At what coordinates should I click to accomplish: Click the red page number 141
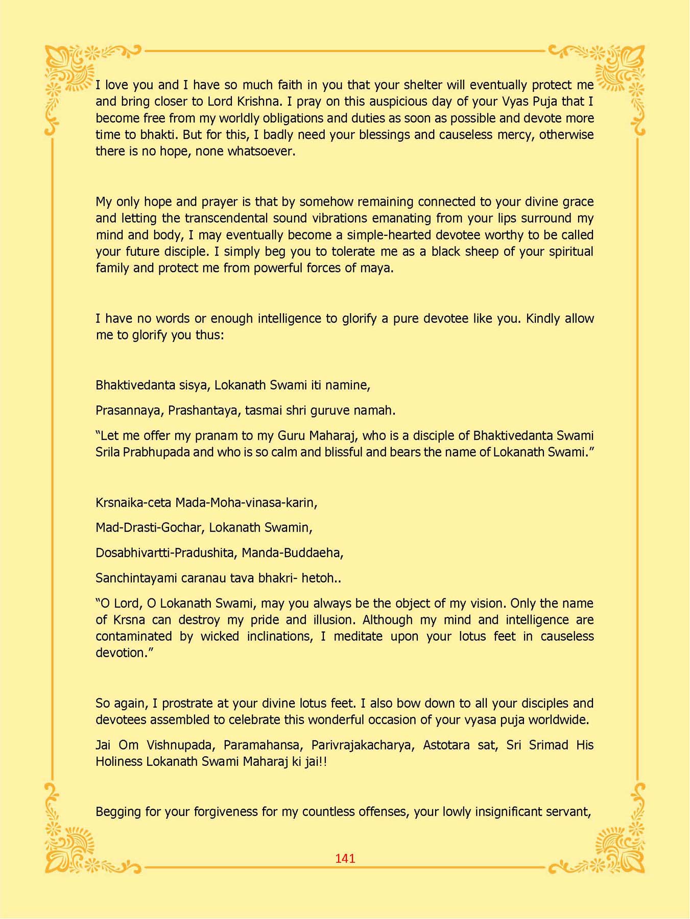point(345,858)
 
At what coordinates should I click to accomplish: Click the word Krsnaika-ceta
point(133,502)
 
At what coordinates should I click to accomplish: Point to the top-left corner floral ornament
point(72,71)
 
